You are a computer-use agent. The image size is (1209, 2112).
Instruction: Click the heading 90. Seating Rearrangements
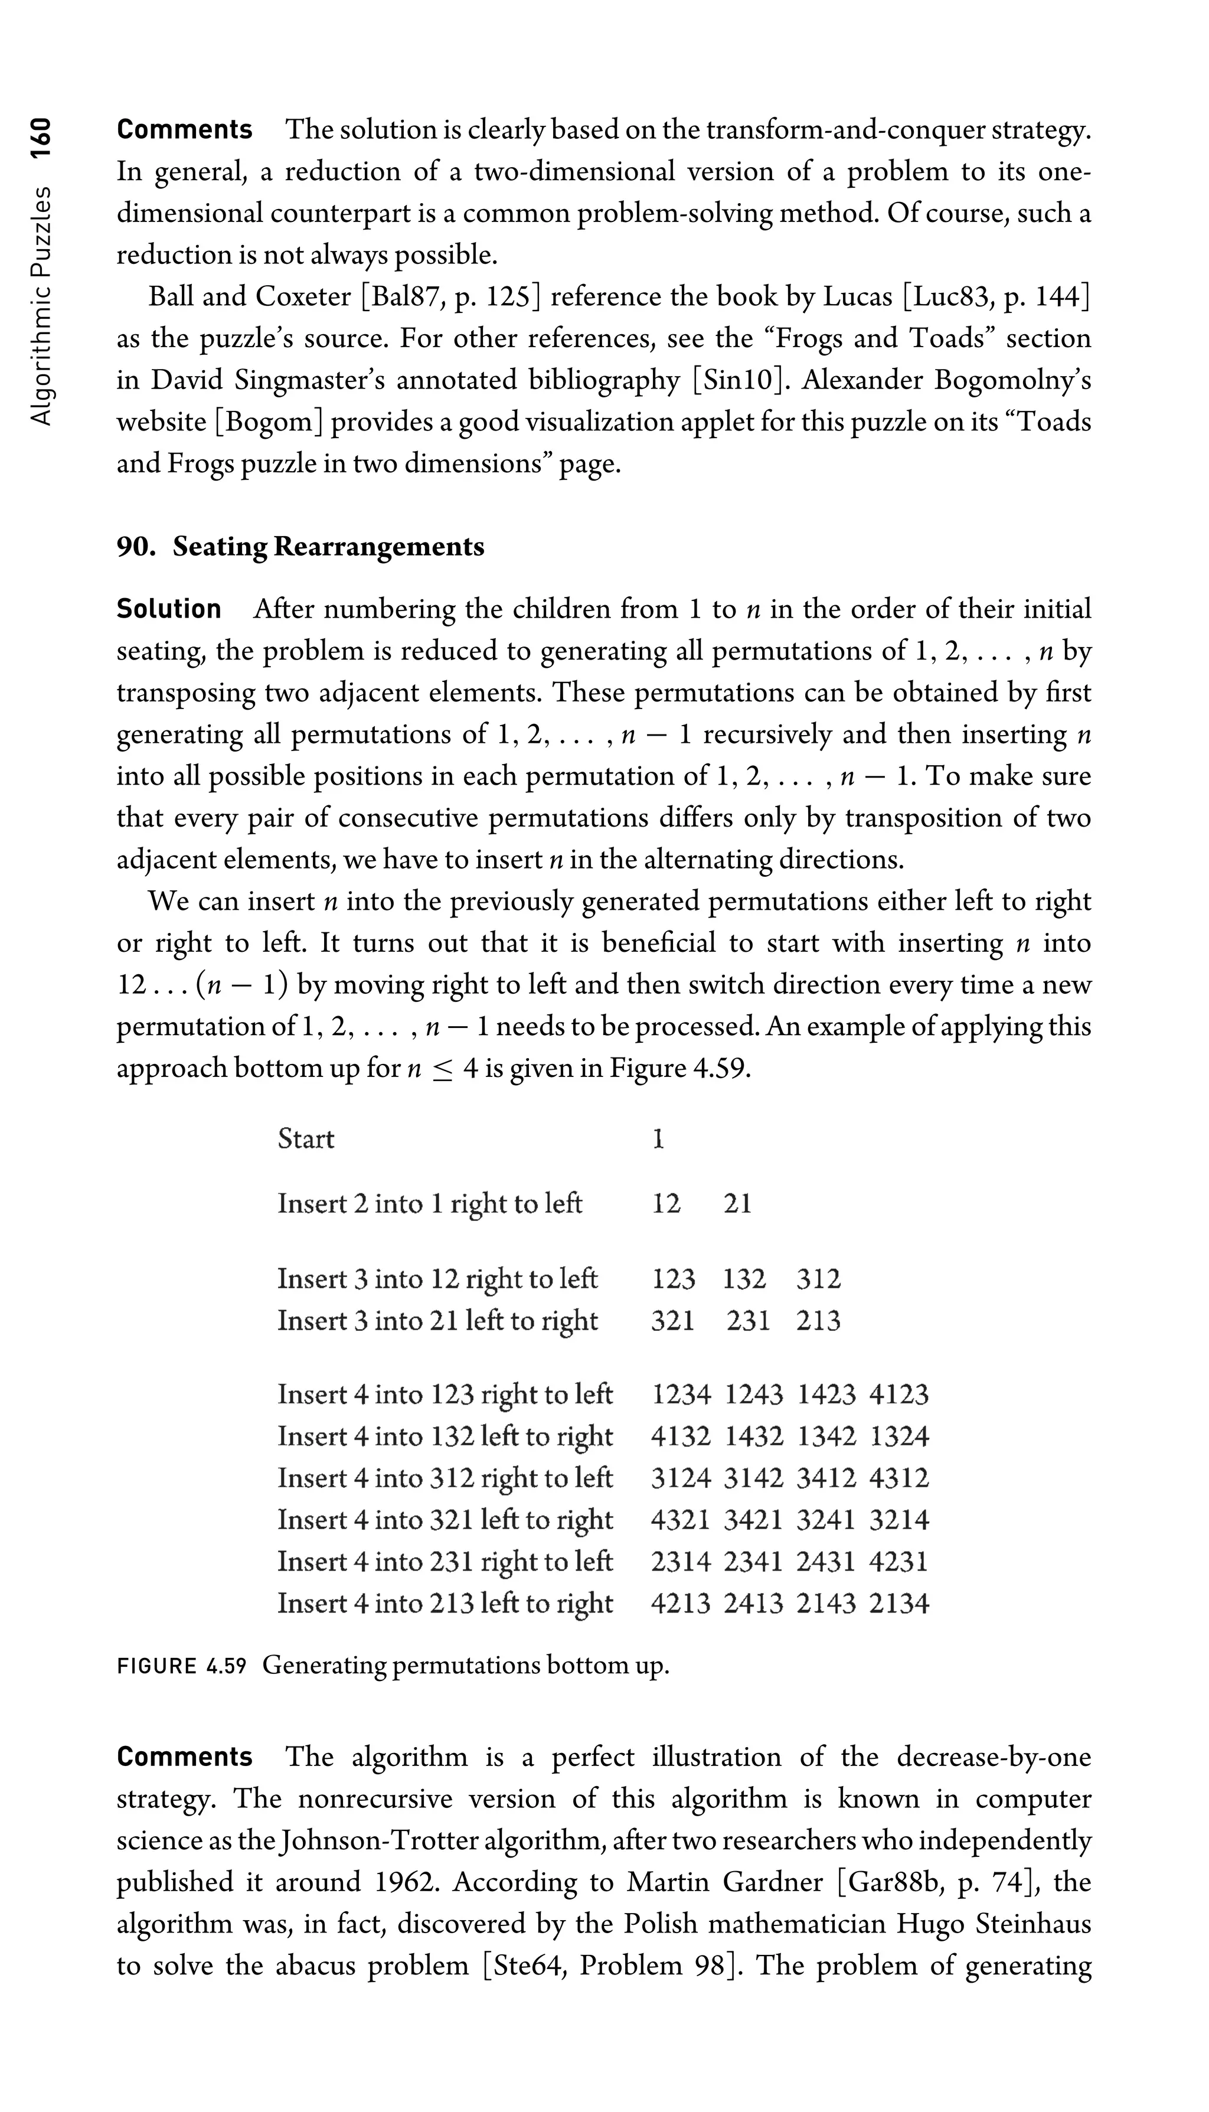(x=300, y=547)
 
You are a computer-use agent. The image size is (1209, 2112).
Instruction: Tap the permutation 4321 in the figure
(x=680, y=1520)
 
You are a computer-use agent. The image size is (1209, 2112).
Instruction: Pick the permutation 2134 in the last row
(x=899, y=1603)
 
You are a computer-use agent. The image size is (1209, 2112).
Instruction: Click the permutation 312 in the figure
(x=818, y=1279)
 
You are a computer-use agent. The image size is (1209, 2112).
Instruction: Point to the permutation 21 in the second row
(x=737, y=1203)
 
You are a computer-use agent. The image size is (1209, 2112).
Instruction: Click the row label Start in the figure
(x=306, y=1138)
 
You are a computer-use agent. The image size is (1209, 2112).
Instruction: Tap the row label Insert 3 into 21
(x=437, y=1321)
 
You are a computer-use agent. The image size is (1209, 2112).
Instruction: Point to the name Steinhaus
(x=1033, y=1924)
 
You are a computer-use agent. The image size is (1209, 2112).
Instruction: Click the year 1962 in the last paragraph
(x=404, y=1883)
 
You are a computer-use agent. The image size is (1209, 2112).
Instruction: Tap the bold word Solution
(x=169, y=609)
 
